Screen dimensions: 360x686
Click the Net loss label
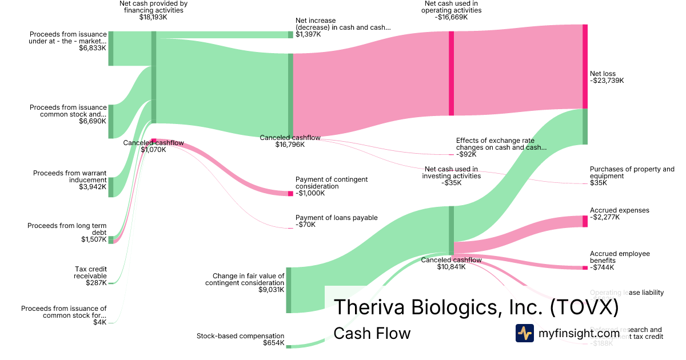603,74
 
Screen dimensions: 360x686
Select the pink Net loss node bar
585,66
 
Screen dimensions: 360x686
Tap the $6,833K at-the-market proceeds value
93,48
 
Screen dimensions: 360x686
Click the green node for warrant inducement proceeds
111,187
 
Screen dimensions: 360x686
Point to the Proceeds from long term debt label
67,229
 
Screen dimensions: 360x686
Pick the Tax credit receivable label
90,273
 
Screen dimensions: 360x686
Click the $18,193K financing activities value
153,17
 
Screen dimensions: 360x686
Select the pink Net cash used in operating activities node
451,73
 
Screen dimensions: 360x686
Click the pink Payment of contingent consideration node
290,193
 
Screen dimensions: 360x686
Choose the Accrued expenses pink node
585,221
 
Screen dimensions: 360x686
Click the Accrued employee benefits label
620,257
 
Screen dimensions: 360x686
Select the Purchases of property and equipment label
632,173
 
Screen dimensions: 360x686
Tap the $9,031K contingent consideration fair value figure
271,290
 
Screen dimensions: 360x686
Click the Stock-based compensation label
240,336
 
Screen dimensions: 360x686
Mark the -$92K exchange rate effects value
466,154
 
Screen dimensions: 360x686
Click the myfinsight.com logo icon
525,333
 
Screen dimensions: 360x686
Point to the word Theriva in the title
368,307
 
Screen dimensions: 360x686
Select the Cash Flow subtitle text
372,333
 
